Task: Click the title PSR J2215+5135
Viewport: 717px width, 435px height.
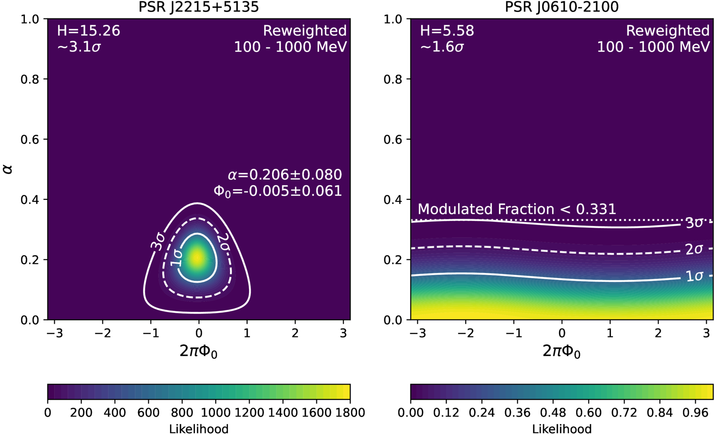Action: (198, 7)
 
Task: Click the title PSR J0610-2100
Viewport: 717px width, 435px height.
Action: (561, 7)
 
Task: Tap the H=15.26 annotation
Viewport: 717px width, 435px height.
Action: (88, 31)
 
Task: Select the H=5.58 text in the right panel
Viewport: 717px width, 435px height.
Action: (447, 31)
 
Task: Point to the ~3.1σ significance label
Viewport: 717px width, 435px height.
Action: (79, 47)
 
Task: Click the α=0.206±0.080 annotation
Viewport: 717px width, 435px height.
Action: (284, 175)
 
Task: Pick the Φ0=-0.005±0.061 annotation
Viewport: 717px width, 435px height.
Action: (277, 191)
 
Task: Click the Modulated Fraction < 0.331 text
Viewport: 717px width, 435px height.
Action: (516, 209)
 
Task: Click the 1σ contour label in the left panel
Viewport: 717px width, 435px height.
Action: (176, 258)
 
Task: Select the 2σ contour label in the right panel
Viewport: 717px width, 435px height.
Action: (694, 249)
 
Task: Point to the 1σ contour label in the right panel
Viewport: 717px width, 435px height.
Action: (694, 276)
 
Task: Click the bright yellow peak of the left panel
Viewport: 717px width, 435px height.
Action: (197, 257)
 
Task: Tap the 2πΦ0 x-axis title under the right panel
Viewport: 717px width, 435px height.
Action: (561, 351)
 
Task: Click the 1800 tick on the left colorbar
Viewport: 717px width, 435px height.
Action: (349, 413)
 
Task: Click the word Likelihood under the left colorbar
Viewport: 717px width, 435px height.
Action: (198, 429)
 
